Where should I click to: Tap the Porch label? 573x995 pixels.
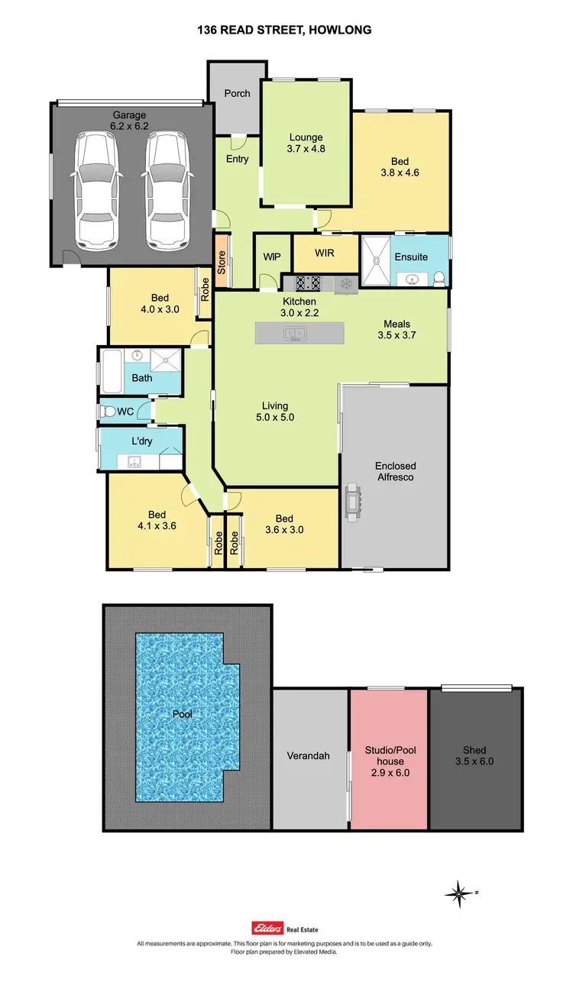pyautogui.click(x=237, y=93)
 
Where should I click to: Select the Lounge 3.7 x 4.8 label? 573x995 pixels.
pyautogui.click(x=306, y=144)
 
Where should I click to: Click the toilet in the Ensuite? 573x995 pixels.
pyautogui.click(x=439, y=279)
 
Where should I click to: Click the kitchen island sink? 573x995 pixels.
pyautogui.click(x=293, y=334)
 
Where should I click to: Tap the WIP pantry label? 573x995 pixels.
pyautogui.click(x=271, y=258)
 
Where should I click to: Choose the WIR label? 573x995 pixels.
pyautogui.click(x=325, y=251)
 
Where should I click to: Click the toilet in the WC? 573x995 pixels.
pyautogui.click(x=107, y=412)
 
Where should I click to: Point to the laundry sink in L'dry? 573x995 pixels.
pyautogui.click(x=134, y=461)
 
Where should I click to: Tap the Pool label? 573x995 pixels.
pyautogui.click(x=182, y=715)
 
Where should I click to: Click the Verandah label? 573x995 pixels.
pyautogui.click(x=308, y=755)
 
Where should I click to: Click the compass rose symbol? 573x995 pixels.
pyautogui.click(x=458, y=892)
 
